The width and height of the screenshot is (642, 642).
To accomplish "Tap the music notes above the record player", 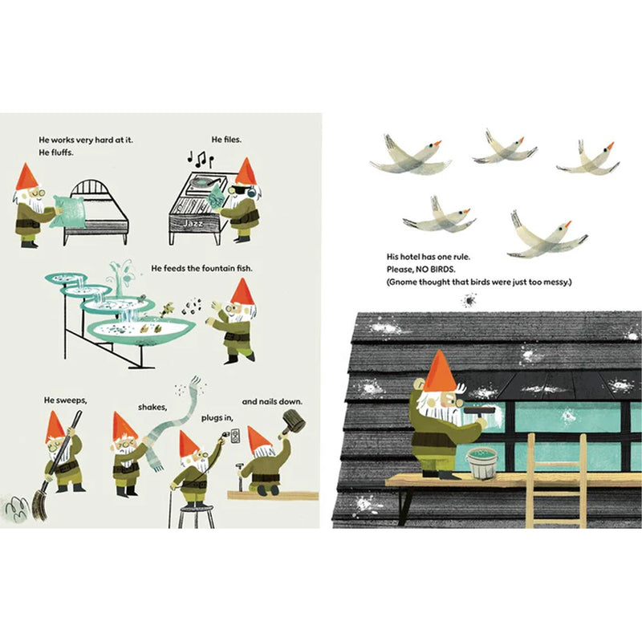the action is pos(200,159).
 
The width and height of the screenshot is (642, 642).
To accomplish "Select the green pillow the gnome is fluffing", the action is pos(67,211).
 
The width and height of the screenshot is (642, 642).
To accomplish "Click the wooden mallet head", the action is pos(295,421).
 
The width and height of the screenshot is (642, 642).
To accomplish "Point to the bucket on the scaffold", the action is pos(483,464).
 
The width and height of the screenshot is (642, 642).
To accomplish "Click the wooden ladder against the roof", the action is pos(557,481).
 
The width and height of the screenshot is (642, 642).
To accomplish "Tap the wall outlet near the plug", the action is pos(235,437).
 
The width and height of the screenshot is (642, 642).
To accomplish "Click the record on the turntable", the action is pos(204,181).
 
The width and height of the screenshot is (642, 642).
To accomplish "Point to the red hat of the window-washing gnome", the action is pos(439,371).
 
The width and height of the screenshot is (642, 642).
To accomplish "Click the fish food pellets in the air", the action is pos(193,307).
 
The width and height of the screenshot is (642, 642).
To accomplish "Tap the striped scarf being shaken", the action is pos(172,422).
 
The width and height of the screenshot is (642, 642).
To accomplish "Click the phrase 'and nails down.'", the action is pos(272,402).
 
